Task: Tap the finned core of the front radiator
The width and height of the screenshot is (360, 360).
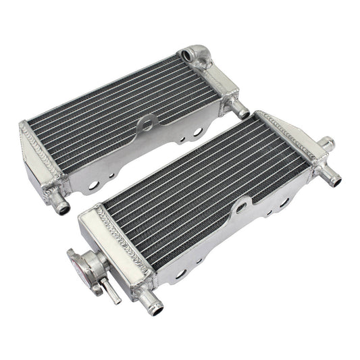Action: pos(209,182)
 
